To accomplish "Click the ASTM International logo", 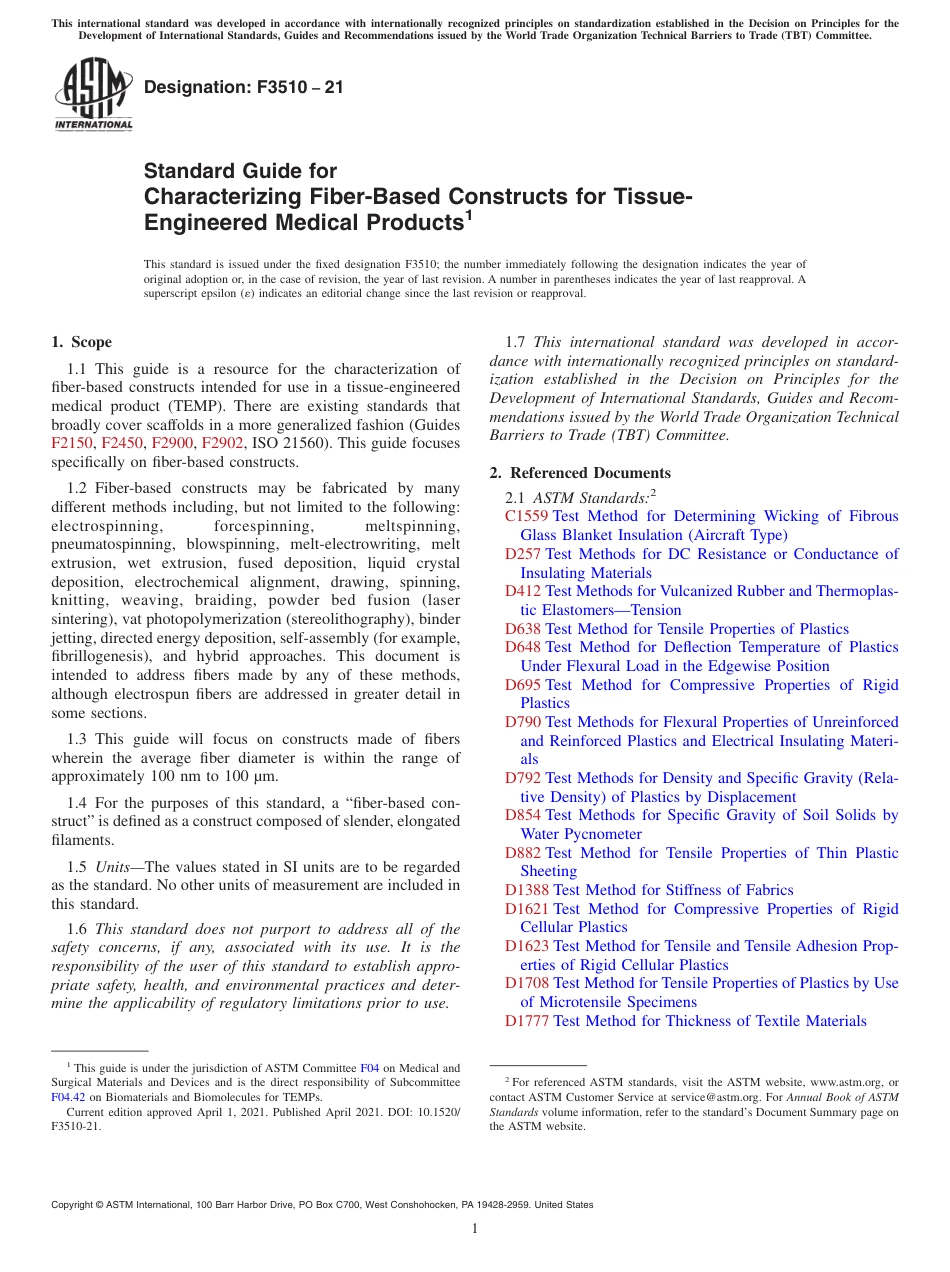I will click(x=93, y=94).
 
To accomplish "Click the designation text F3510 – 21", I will click(x=244, y=87).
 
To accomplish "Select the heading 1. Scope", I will click(x=82, y=342).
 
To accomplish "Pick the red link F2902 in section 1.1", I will click(x=223, y=444).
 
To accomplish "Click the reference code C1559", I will click(x=527, y=516).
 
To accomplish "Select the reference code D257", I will click(x=523, y=554).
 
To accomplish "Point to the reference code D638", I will click(x=523, y=629).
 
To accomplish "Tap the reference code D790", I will click(x=523, y=722).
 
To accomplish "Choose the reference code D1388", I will click(x=527, y=890).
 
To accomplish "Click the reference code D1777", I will click(x=527, y=1021).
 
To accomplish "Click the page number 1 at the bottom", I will click(x=475, y=1229).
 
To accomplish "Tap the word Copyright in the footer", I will click(x=77, y=1205).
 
